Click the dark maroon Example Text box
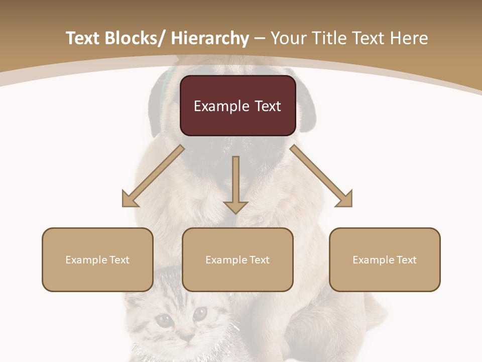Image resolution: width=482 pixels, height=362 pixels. point(237,106)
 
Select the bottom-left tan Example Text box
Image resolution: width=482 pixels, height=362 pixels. point(97,259)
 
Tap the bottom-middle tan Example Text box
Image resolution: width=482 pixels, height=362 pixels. point(237,259)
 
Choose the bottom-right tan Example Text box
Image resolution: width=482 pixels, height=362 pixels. point(385,259)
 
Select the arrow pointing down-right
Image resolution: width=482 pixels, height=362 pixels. point(321,176)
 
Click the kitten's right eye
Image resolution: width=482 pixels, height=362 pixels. point(200,313)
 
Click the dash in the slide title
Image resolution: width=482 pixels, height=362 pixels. point(260,38)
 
